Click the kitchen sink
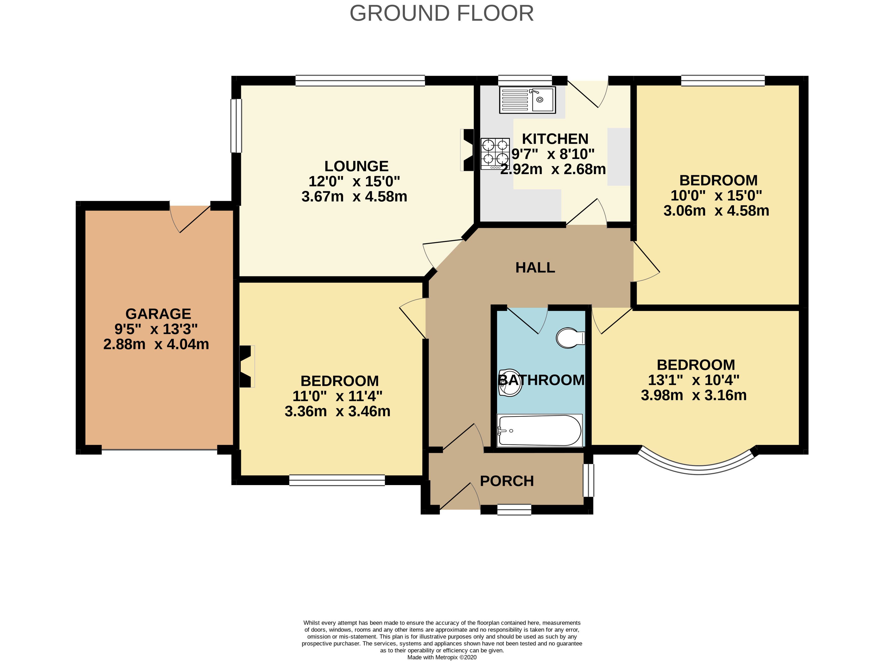tap(527, 100)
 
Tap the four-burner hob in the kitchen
tap(495, 154)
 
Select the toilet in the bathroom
tap(570, 338)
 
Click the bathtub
tap(539, 431)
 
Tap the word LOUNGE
tap(356, 166)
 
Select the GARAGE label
tap(158, 314)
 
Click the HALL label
tap(535, 267)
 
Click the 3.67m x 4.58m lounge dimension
tap(354, 196)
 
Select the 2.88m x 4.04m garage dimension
tap(156, 344)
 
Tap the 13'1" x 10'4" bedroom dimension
tap(694, 380)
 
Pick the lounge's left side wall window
tap(237, 126)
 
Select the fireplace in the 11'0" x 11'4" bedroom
tap(247, 366)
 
